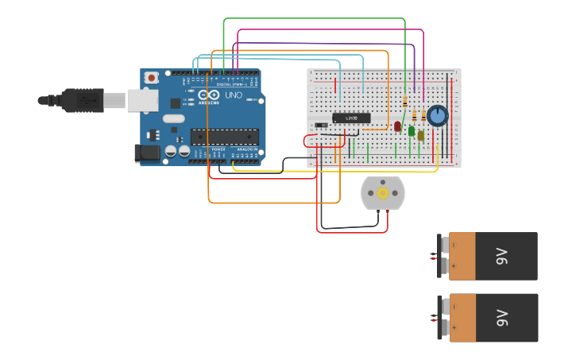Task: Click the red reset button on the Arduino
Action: tap(151, 78)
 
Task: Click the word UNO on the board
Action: tap(234, 95)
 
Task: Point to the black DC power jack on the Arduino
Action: tap(148, 153)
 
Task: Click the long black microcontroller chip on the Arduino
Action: tap(224, 137)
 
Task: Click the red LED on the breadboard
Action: tap(397, 126)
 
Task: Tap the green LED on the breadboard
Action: tap(412, 130)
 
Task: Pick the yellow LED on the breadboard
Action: tap(421, 135)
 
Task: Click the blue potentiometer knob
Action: tap(437, 117)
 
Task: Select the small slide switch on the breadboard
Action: tap(321, 125)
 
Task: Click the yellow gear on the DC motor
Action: tap(382, 193)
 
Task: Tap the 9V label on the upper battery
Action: tap(501, 256)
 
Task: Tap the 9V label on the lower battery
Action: tap(501, 318)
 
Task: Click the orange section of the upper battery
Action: tap(462, 256)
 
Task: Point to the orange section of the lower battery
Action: tap(462, 318)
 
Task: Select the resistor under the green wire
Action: tap(406, 102)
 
